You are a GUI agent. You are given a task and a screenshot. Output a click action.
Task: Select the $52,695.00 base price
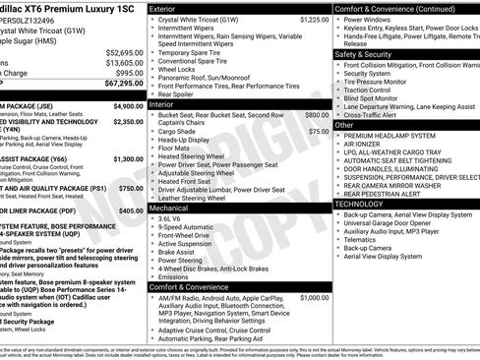124,52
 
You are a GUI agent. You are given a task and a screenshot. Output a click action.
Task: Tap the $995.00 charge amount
129,73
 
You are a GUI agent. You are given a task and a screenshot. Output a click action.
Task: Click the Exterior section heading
169,8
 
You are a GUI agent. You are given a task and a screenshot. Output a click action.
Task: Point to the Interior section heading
167,103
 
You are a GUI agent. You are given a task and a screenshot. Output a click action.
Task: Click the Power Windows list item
369,19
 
